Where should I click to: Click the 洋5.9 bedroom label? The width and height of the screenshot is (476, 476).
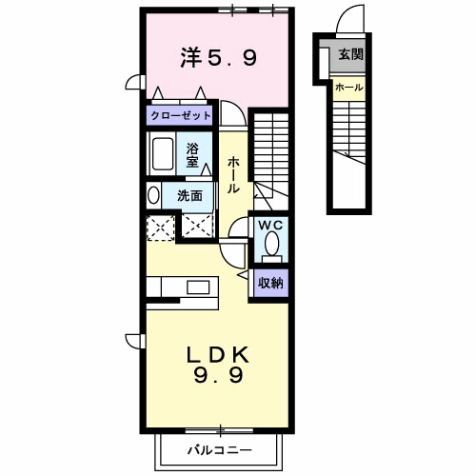tap(218, 59)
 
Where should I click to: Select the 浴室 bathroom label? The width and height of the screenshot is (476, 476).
tap(192, 154)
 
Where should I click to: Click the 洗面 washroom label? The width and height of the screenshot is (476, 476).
tap(188, 196)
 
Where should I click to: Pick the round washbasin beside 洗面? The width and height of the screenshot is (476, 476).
tap(153, 195)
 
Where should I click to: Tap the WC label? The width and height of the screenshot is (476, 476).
tap(269, 226)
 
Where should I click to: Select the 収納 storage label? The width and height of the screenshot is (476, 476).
tap(270, 283)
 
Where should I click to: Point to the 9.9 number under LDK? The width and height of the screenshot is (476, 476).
tap(217, 376)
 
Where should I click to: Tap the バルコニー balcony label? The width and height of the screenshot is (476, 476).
tap(218, 448)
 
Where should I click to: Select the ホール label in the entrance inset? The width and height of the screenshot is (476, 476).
tap(348, 88)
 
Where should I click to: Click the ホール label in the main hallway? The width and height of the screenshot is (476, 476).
tap(233, 173)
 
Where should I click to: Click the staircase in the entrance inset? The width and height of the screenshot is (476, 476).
tap(348, 133)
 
